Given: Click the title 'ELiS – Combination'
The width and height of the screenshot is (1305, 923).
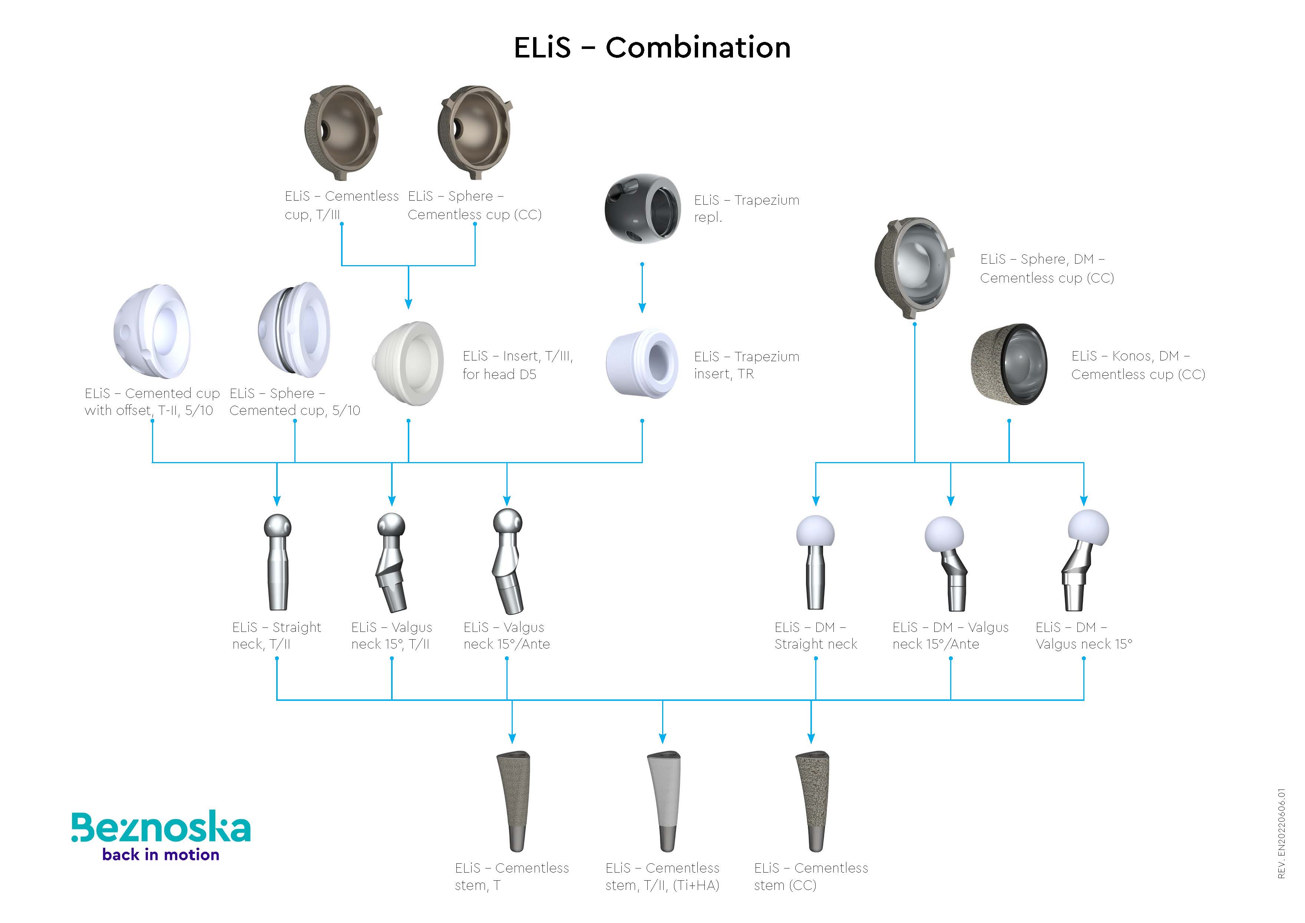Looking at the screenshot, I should (x=652, y=47).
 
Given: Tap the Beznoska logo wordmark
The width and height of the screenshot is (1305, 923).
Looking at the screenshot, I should (x=161, y=828).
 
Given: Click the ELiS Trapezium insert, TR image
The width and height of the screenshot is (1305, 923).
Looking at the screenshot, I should (x=642, y=364).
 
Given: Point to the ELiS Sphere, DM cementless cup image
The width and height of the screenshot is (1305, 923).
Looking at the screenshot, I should (x=914, y=267).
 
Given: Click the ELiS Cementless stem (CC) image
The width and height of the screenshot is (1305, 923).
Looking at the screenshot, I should (x=812, y=801).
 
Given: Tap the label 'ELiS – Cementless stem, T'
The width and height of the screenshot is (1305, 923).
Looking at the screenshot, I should (x=512, y=876).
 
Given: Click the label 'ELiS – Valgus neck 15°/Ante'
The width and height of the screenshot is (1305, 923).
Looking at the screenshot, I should (x=506, y=635).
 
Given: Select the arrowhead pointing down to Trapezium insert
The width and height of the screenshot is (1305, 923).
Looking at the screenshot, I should (x=642, y=308).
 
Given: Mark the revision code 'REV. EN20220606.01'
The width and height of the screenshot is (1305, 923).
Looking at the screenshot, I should (x=1281, y=833).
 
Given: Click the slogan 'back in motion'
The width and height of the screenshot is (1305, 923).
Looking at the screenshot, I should (x=161, y=855).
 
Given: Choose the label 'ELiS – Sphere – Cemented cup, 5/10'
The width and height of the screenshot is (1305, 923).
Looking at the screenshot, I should (x=294, y=402).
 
